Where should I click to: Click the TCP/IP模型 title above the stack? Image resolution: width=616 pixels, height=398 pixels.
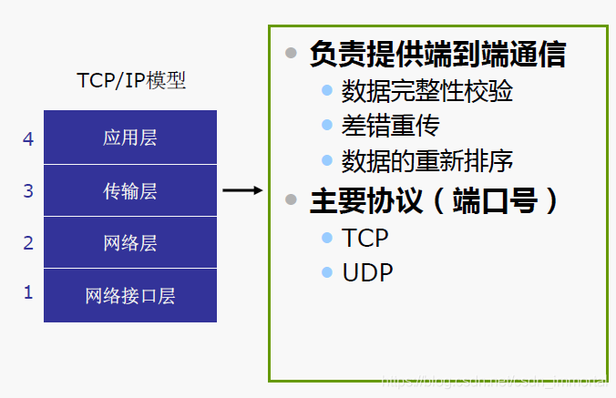pos(130,80)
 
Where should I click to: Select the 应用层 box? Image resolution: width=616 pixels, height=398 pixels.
pos(130,138)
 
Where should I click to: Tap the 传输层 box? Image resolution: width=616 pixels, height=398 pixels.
pos(130,190)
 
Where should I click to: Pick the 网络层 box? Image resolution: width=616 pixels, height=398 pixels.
pos(130,242)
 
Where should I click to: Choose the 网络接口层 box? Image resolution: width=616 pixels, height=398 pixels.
pos(130,295)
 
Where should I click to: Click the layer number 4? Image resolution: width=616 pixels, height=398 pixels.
pos(28,138)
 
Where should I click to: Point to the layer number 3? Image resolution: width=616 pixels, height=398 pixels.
pos(28,190)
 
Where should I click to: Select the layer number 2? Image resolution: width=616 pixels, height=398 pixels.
pos(28,242)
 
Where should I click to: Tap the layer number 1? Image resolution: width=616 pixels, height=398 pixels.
pos(28,292)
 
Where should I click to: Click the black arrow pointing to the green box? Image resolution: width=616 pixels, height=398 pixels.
pos(241,190)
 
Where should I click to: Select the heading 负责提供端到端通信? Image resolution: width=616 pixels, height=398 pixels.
pos(437,54)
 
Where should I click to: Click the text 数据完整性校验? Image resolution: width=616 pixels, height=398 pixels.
pos(426,91)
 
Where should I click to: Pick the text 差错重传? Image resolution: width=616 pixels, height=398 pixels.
pos(391,126)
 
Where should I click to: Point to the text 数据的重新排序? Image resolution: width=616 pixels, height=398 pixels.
pos(426,161)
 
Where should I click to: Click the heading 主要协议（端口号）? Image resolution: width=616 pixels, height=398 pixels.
pos(434,200)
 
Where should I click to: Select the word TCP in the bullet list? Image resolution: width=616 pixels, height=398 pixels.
pos(365,238)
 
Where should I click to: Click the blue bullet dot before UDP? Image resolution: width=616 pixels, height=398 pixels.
pos(328,272)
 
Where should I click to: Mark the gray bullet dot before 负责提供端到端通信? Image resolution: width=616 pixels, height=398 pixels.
pos(292,54)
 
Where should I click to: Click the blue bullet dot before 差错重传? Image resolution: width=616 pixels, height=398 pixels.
pos(328,126)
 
